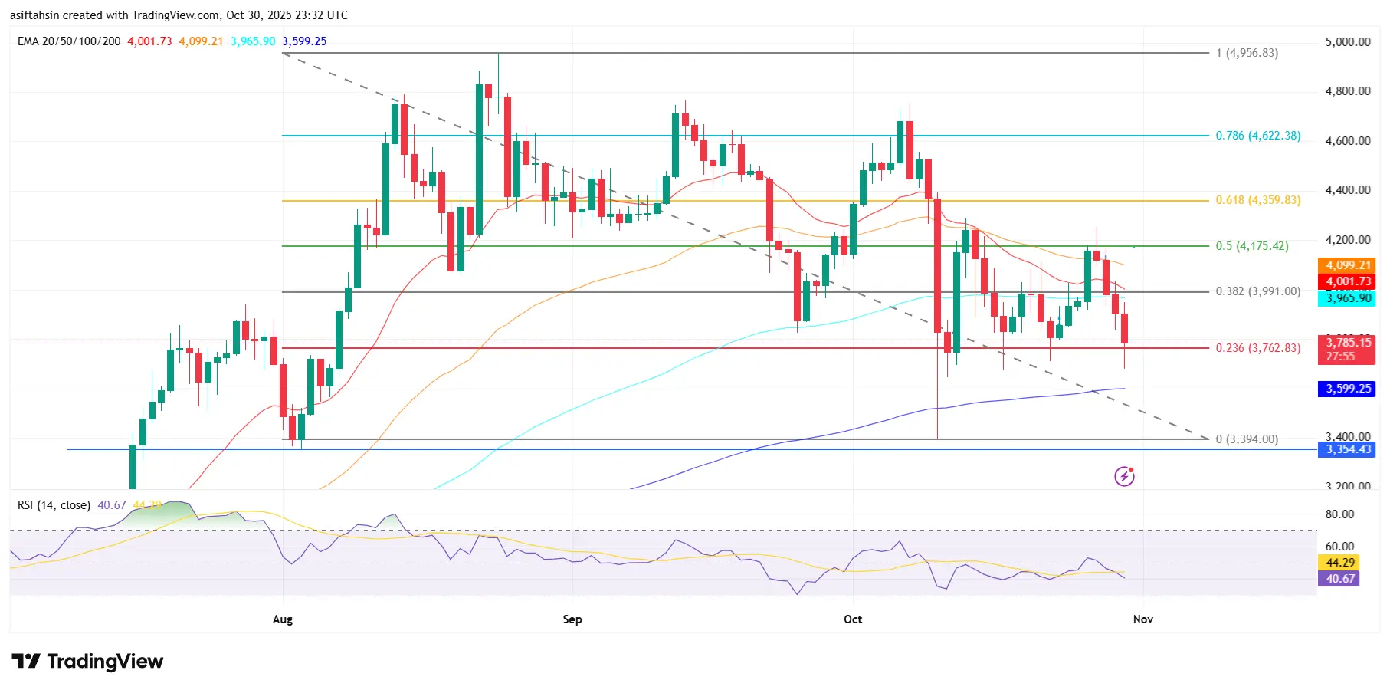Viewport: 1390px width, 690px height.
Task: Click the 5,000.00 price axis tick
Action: pos(1347,42)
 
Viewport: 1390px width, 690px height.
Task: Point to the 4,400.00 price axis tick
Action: pos(1347,190)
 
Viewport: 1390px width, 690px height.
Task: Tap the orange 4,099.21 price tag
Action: pos(1348,265)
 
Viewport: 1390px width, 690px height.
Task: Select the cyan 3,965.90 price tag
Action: pos(1348,298)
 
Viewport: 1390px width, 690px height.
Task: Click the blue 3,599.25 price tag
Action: pos(1348,389)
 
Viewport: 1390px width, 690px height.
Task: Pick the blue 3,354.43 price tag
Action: pos(1348,449)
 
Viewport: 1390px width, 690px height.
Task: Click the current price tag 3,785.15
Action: pos(1348,343)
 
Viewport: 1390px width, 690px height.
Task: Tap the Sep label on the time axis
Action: pos(572,619)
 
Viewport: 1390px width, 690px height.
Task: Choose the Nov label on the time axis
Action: pos(1142,619)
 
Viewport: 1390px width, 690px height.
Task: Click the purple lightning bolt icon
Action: pos(1124,476)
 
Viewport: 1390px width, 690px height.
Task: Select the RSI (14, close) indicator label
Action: pos(54,505)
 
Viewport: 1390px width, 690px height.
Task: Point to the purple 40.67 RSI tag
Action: pos(1339,579)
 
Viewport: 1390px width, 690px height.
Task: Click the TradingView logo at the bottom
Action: pos(87,661)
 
